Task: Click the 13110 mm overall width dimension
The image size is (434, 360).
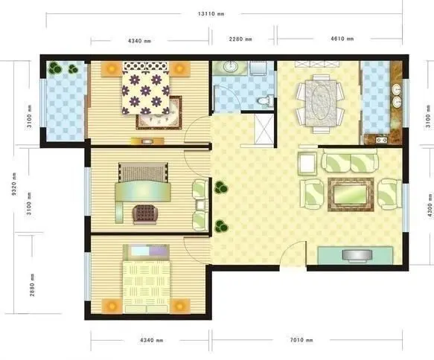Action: [211, 14]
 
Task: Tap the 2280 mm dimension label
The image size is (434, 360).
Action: [240, 39]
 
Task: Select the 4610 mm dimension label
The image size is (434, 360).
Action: [342, 39]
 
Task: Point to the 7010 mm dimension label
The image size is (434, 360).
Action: [301, 339]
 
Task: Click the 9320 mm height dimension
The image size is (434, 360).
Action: [14, 184]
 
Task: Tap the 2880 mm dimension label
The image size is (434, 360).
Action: [32, 285]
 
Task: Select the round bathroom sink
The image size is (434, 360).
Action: [229, 66]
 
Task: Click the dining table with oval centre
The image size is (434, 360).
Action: [321, 103]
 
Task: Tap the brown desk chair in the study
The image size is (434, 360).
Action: [145, 214]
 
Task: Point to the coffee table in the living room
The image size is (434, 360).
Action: [351, 194]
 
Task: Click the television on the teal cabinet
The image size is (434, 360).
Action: [357, 255]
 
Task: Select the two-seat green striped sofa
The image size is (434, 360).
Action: [350, 162]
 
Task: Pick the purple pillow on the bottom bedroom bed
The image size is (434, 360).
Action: [159, 251]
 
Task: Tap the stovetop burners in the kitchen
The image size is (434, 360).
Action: [381, 140]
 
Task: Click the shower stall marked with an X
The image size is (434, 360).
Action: [264, 129]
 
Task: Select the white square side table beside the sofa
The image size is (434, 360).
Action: [307, 164]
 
